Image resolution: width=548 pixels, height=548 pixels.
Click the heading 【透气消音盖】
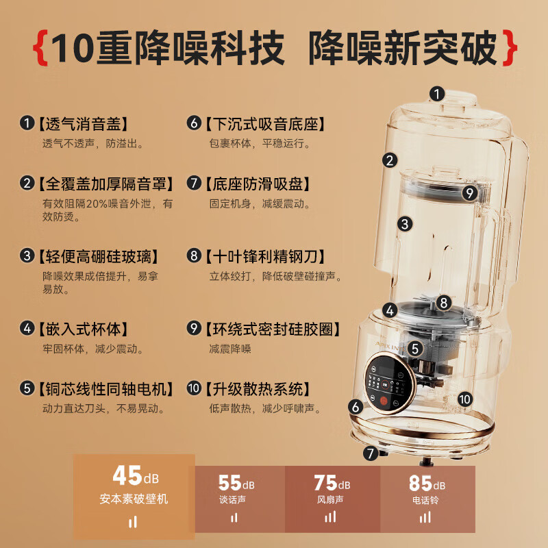pyautogui.click(x=83, y=124)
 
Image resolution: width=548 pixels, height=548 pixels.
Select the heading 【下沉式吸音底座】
pyautogui.click(x=265, y=124)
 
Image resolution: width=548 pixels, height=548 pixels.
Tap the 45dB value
pyautogui.click(x=136, y=475)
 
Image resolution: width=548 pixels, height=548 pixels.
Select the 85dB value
pyautogui.click(x=427, y=483)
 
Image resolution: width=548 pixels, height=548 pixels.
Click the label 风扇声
pyautogui.click(x=330, y=500)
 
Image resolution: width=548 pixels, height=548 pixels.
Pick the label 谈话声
pyautogui.click(x=232, y=500)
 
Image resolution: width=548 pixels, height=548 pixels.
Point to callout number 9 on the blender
pyautogui.click(x=470, y=193)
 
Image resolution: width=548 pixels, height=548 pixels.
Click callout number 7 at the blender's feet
pyautogui.click(x=371, y=453)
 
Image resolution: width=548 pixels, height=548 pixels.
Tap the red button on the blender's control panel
pyautogui.click(x=384, y=401)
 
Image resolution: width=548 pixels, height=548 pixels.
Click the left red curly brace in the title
pyautogui.click(x=40, y=48)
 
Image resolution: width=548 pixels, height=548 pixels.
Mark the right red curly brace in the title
pyautogui.click(x=510, y=48)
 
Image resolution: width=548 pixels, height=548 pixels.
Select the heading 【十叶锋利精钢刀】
pyautogui.click(x=265, y=256)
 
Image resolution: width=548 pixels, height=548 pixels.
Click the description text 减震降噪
pyautogui.click(x=230, y=349)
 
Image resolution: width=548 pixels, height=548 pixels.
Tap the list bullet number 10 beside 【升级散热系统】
pyautogui.click(x=194, y=388)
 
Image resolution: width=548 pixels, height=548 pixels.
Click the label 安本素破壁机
pyautogui.click(x=134, y=499)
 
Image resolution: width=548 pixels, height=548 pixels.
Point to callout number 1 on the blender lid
pyautogui.click(x=437, y=94)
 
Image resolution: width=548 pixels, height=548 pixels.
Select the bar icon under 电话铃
pyautogui.click(x=425, y=517)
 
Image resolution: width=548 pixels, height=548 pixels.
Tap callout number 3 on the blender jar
pyautogui.click(x=405, y=224)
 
